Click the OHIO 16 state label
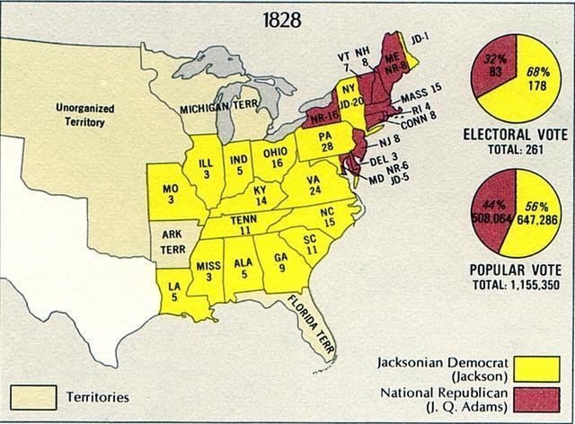[275, 157]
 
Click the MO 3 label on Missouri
[170, 195]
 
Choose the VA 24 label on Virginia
[315, 185]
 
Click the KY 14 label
[259, 196]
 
